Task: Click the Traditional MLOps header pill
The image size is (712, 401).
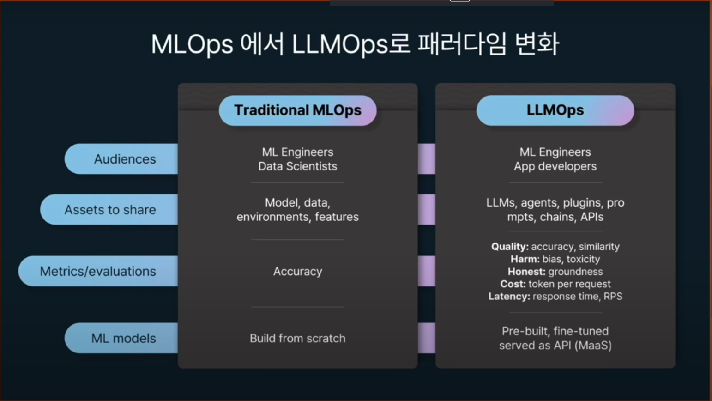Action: click(x=297, y=110)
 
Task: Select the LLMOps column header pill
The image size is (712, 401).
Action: click(x=555, y=110)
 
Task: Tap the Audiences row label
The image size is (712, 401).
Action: click(x=125, y=159)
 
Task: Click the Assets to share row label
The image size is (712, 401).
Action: click(x=110, y=210)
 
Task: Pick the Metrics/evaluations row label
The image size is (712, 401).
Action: click(x=98, y=271)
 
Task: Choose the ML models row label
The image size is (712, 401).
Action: click(x=123, y=338)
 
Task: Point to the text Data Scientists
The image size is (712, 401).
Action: click(x=297, y=166)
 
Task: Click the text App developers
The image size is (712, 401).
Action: click(x=555, y=166)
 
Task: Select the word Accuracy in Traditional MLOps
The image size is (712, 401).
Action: click(x=297, y=271)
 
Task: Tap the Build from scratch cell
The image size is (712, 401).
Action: click(x=297, y=338)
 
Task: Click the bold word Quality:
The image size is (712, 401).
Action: click(x=510, y=247)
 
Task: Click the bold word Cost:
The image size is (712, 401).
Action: click(x=513, y=284)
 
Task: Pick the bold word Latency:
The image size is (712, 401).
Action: click(x=509, y=297)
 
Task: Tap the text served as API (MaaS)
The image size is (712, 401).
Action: click(x=555, y=346)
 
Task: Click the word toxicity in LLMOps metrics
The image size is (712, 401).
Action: click(x=583, y=259)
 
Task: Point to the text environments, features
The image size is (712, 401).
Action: click(x=297, y=217)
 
